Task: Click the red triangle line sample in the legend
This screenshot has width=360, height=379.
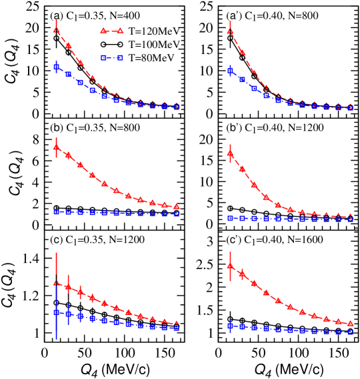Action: tap(112, 31)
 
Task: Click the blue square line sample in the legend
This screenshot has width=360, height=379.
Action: tap(112, 58)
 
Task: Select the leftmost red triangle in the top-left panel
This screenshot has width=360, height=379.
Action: tap(56, 29)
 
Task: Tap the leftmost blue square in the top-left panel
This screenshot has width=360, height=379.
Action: tap(56, 67)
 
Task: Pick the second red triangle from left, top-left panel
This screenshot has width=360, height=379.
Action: tap(68, 45)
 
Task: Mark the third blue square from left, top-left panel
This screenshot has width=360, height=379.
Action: tap(80, 82)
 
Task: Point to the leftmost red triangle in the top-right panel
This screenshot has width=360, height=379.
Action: tap(230, 31)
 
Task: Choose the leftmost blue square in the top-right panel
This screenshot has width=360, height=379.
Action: tap(230, 70)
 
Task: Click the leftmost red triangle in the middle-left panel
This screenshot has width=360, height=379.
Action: tap(56, 147)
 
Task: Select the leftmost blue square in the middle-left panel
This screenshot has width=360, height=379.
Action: tap(56, 211)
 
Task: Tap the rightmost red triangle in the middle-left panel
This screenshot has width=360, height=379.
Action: tap(176, 206)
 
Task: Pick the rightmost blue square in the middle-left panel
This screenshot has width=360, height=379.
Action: tap(176, 214)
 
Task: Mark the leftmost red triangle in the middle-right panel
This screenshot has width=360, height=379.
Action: tap(230, 153)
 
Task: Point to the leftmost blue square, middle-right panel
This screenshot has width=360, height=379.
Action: tap(230, 218)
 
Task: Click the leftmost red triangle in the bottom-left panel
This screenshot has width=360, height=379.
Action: tap(56, 282)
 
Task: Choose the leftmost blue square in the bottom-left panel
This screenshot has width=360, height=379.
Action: tap(56, 312)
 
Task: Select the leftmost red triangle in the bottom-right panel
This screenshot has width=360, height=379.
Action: tap(230, 266)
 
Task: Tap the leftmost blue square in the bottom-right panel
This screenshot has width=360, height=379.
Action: tap(230, 326)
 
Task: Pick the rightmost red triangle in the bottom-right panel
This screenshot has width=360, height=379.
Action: tap(350, 323)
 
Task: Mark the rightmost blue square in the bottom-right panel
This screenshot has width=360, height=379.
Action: tap(350, 332)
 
